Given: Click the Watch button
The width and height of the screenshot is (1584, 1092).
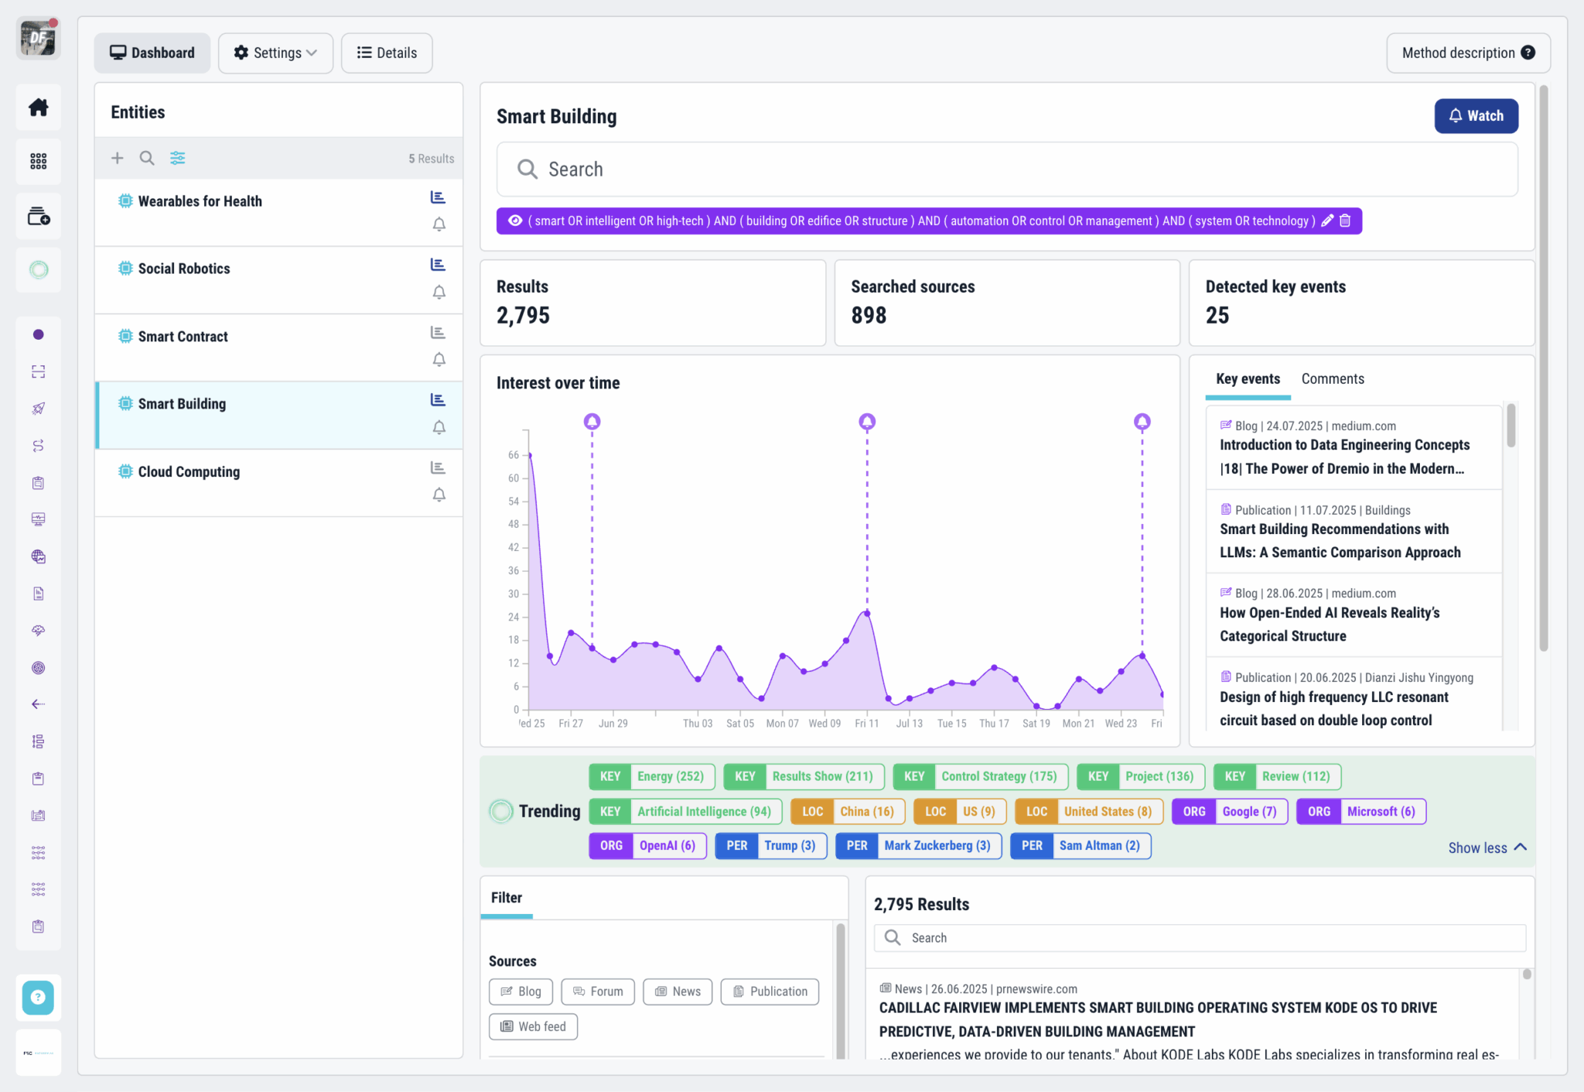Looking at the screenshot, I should [x=1476, y=116].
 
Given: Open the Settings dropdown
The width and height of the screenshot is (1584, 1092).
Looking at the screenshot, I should [x=275, y=53].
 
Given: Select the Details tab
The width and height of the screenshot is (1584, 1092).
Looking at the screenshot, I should [x=387, y=53].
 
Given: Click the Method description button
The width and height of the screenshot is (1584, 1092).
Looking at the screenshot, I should [x=1467, y=53].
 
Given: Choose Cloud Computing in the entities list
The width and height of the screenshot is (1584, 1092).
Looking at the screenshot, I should [x=189, y=472].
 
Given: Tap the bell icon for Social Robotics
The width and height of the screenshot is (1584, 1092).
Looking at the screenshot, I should [x=439, y=293].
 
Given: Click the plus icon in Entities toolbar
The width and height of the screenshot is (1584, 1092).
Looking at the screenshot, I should [x=117, y=158].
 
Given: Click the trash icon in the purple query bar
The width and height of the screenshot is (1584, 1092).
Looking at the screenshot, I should [x=1345, y=221].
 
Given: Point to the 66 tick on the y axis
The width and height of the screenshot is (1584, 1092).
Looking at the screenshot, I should [x=514, y=455].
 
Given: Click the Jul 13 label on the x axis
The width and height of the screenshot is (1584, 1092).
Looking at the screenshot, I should [x=909, y=724].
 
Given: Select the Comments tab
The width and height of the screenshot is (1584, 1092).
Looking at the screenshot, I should [x=1332, y=379].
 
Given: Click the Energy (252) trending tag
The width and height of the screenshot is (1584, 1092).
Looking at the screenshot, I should [x=652, y=776].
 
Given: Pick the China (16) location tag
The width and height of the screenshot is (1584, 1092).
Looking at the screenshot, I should [x=848, y=811].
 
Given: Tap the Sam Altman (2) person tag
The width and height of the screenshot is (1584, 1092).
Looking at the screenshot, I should [x=1080, y=845].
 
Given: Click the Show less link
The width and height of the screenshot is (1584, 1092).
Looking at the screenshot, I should [x=1486, y=847].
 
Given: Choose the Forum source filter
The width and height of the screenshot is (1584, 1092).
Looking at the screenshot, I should [x=598, y=991].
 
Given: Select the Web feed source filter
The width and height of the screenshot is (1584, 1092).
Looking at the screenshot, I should [x=533, y=1026].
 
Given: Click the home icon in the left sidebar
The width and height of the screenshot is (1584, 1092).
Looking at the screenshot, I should [x=39, y=108].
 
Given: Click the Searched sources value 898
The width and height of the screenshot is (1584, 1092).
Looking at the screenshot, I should [x=869, y=316].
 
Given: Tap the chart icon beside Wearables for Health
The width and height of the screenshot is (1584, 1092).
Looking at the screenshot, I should [x=438, y=197].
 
